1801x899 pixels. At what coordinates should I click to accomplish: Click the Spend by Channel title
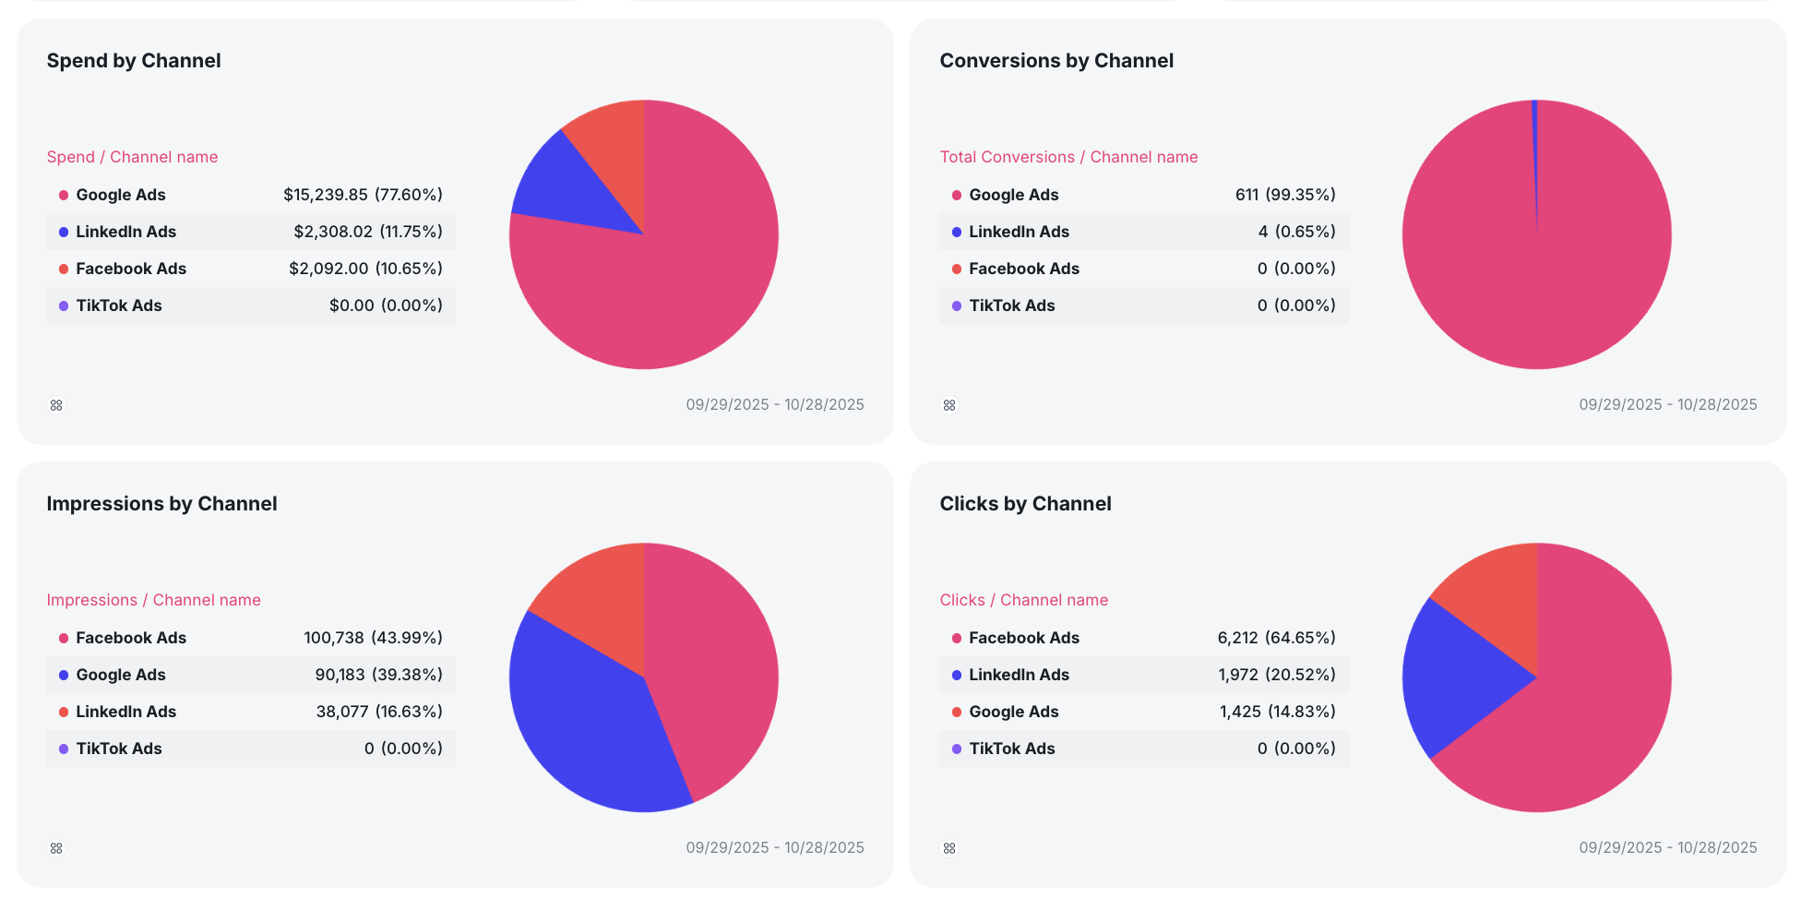click(134, 61)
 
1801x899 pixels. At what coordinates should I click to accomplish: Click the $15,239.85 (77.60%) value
click(363, 195)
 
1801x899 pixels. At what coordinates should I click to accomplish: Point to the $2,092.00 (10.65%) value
click(365, 269)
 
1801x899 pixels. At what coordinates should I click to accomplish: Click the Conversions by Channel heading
click(1056, 61)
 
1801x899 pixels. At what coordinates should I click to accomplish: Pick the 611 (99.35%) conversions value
click(1285, 195)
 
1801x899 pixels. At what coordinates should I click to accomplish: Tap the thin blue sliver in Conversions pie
click(1535, 138)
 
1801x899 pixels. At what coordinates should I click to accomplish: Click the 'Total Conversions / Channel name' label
click(1068, 157)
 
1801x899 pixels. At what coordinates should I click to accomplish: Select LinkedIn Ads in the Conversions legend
click(1019, 232)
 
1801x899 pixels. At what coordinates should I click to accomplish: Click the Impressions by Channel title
click(161, 504)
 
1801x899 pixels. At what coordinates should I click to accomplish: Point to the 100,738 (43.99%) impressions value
click(373, 638)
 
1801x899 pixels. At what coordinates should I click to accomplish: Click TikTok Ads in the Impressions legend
click(118, 749)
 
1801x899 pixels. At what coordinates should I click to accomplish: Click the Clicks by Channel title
click(1025, 504)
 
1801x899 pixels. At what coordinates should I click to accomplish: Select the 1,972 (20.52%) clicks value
click(1276, 675)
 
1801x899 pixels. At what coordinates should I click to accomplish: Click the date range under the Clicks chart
click(1667, 847)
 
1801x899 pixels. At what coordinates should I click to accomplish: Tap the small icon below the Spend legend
click(56, 405)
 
